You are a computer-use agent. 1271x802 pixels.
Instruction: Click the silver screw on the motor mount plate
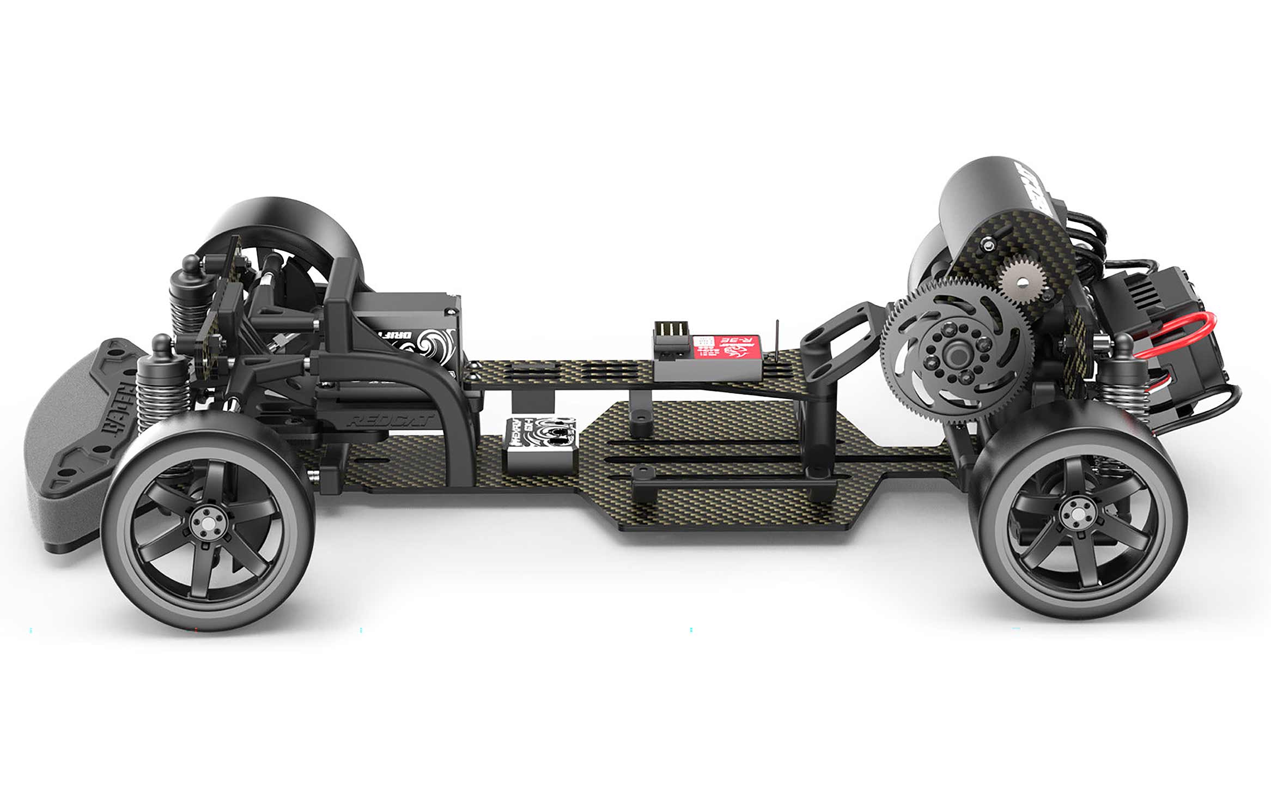pyautogui.click(x=987, y=246)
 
